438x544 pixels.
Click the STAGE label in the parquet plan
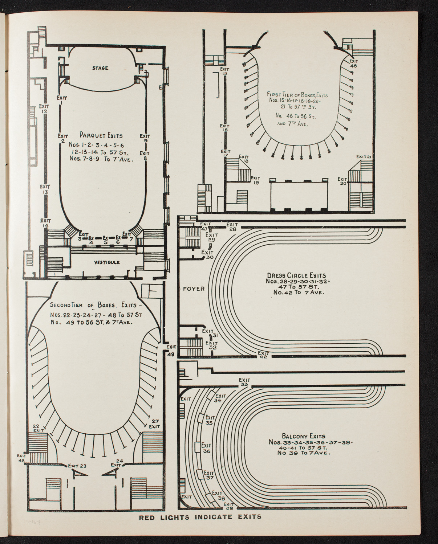coord(100,68)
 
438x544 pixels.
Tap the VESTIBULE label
coord(108,262)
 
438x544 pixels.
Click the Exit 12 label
coord(44,109)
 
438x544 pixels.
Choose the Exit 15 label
coord(224,71)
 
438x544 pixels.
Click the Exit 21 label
coord(363,156)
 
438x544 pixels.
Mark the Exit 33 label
coord(244,382)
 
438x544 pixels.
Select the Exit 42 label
coord(263,355)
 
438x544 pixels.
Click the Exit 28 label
coord(232,226)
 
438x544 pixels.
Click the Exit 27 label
coord(155,424)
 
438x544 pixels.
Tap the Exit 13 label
coord(45,189)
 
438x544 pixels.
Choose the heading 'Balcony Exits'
coord(303,436)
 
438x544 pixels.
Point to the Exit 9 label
coord(145,138)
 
